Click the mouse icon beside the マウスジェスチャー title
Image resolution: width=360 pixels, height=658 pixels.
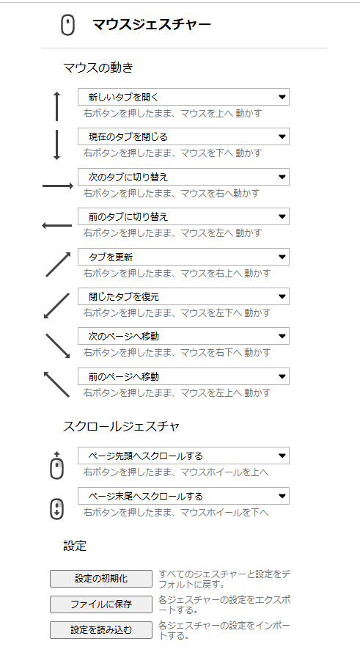[67, 25]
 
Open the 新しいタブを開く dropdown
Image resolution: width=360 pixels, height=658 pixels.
[183, 97]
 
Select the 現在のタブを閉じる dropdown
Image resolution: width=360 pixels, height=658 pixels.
[183, 136]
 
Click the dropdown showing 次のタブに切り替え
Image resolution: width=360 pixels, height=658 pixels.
[183, 177]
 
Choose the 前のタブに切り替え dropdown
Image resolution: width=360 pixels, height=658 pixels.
[183, 216]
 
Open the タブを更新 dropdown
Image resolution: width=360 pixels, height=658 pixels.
[183, 257]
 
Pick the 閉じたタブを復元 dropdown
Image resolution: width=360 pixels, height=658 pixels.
[183, 296]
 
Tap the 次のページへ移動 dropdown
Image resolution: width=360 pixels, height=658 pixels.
[183, 336]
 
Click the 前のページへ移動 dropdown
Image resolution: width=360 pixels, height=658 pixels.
[183, 376]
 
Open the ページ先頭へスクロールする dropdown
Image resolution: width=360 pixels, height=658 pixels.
[183, 456]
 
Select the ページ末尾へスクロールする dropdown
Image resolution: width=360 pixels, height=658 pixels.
[183, 496]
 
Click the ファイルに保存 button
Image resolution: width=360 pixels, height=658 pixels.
[101, 604]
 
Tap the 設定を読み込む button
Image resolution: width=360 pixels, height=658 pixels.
[101, 630]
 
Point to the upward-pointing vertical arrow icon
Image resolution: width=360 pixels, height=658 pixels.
[57, 106]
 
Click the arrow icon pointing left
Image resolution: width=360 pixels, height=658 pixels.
[57, 226]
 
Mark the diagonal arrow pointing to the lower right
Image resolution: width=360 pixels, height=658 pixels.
[57, 346]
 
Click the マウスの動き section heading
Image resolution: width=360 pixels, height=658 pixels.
[98, 67]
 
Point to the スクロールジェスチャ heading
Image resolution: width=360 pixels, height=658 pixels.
[121, 426]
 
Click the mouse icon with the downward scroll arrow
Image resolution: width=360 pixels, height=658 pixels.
[57, 508]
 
